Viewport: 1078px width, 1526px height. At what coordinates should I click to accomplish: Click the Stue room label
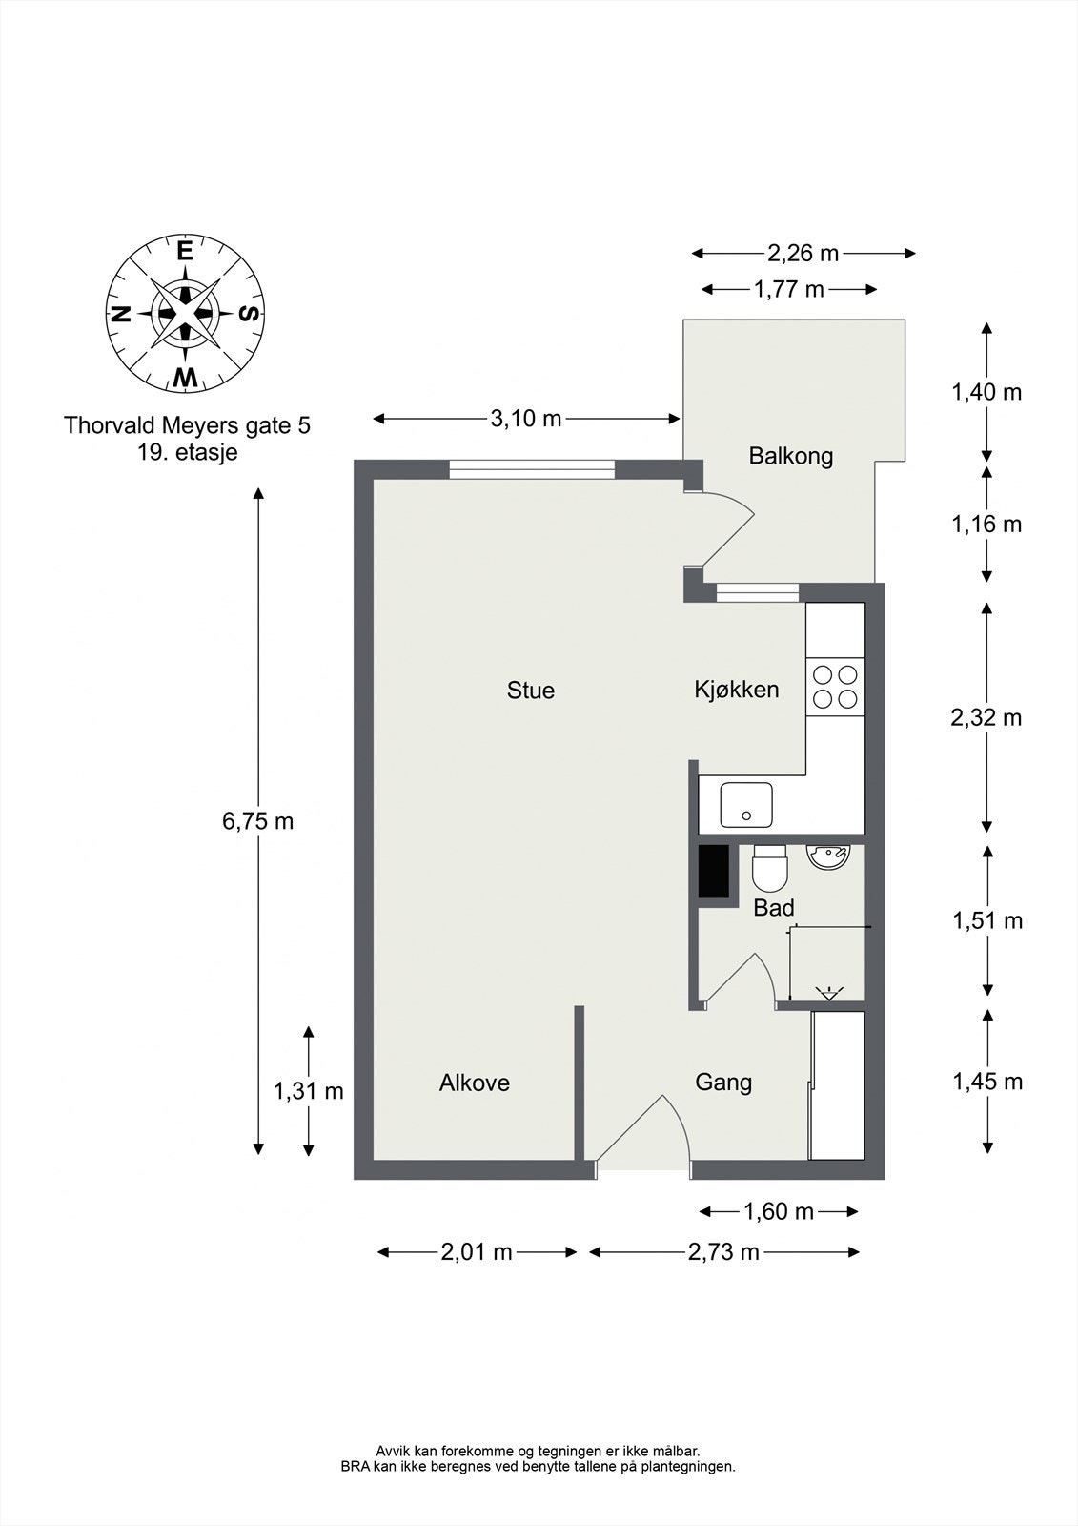[531, 691]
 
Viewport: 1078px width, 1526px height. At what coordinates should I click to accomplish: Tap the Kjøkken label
[736, 690]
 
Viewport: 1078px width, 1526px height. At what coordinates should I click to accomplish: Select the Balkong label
[790, 456]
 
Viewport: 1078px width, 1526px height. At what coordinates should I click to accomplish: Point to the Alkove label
[474, 1083]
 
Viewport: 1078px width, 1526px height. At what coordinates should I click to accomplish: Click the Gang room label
[723, 1082]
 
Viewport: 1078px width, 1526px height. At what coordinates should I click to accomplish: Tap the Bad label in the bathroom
[774, 907]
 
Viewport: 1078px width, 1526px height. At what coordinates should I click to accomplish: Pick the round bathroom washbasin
[827, 856]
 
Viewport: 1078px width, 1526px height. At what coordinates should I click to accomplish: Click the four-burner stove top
[835, 687]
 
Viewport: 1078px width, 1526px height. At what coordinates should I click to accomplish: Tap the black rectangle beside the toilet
[713, 872]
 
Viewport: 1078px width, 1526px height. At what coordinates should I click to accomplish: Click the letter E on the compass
[184, 252]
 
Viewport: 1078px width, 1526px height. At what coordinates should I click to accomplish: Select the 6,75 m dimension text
[257, 821]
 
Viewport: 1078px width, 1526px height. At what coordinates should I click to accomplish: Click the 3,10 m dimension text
[526, 419]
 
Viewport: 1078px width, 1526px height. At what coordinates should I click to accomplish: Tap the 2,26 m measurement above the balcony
[803, 254]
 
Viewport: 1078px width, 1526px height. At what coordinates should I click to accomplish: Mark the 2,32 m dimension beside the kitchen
[986, 717]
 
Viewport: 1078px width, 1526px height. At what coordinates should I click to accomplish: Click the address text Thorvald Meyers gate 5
[187, 425]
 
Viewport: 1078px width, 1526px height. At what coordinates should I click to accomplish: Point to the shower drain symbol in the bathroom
[829, 993]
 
